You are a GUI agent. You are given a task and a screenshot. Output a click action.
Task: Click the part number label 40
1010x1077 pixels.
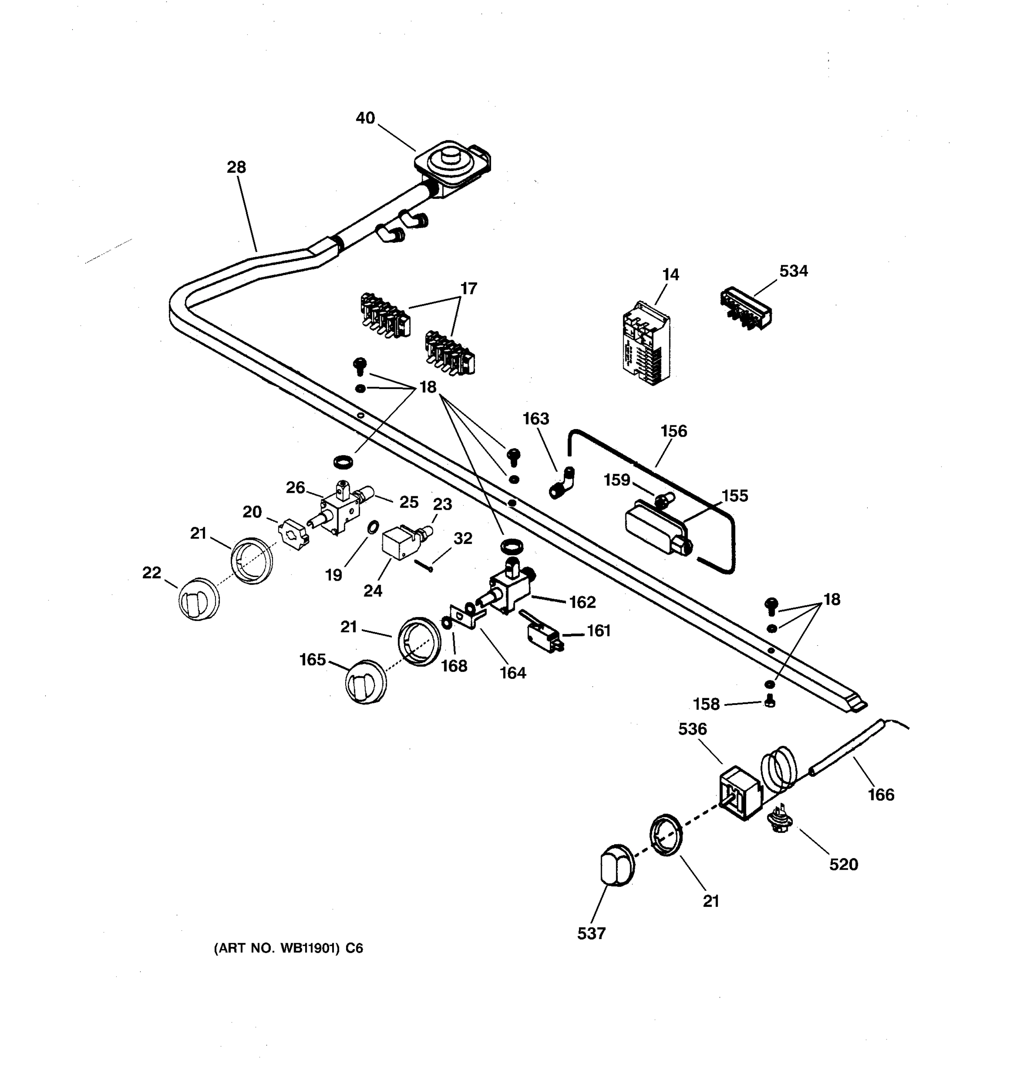coord(365,118)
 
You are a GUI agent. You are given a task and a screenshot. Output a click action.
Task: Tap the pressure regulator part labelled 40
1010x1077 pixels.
coord(451,167)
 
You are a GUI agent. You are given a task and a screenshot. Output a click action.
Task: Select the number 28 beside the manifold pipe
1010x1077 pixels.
coord(236,167)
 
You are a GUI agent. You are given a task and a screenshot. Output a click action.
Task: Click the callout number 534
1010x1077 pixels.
coord(793,271)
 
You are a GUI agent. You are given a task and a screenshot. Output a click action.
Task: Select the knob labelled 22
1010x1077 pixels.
coord(199,599)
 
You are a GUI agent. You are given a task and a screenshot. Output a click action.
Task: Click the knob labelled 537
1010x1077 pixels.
coord(617,865)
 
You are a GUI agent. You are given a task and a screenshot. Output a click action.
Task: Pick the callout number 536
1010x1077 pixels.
coord(693,729)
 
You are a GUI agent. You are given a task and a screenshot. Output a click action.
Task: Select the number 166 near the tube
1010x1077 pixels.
coord(881,795)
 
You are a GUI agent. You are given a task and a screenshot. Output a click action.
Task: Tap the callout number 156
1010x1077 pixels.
coord(673,431)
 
